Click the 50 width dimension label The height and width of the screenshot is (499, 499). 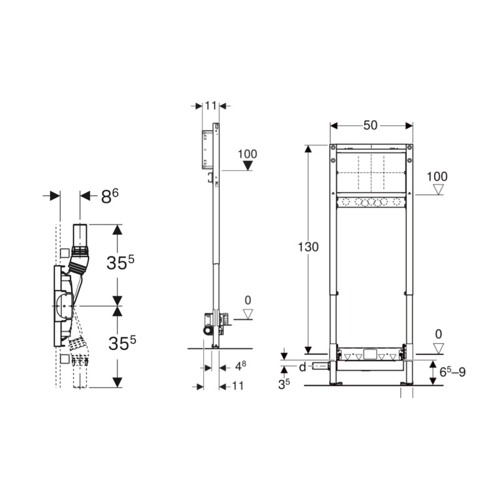(x=371, y=125)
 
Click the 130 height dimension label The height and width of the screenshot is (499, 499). (x=308, y=247)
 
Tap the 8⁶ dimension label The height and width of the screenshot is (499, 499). (x=110, y=196)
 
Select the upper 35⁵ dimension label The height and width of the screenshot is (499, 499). (x=120, y=262)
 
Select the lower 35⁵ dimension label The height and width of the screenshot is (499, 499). (x=122, y=342)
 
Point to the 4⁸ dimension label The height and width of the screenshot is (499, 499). (x=241, y=366)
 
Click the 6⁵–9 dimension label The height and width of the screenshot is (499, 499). (x=453, y=371)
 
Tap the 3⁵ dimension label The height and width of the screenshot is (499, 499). (x=284, y=384)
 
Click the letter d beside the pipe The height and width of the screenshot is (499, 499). (x=303, y=367)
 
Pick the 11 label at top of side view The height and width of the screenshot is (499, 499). (x=211, y=105)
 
